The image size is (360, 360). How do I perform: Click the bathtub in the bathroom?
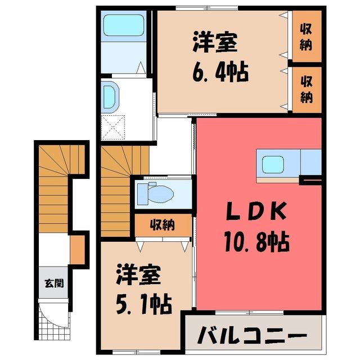(x=124, y=25)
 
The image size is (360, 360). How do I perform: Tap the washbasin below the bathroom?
(x=110, y=97)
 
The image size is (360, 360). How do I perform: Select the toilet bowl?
(x=161, y=194)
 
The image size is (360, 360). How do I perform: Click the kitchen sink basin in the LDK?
(x=273, y=164)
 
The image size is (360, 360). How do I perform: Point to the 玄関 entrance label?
(x=54, y=283)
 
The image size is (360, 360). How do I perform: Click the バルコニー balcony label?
(x=252, y=335)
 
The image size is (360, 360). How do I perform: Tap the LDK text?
(x=256, y=211)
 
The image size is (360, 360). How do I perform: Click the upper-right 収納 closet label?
(x=306, y=37)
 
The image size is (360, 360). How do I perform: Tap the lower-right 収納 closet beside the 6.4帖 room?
(x=307, y=89)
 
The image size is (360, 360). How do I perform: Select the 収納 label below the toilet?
(x=163, y=225)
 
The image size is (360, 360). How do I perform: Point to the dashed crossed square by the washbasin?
(x=113, y=128)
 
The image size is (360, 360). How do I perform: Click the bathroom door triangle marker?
(x=141, y=67)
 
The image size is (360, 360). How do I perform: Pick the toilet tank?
(x=143, y=194)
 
